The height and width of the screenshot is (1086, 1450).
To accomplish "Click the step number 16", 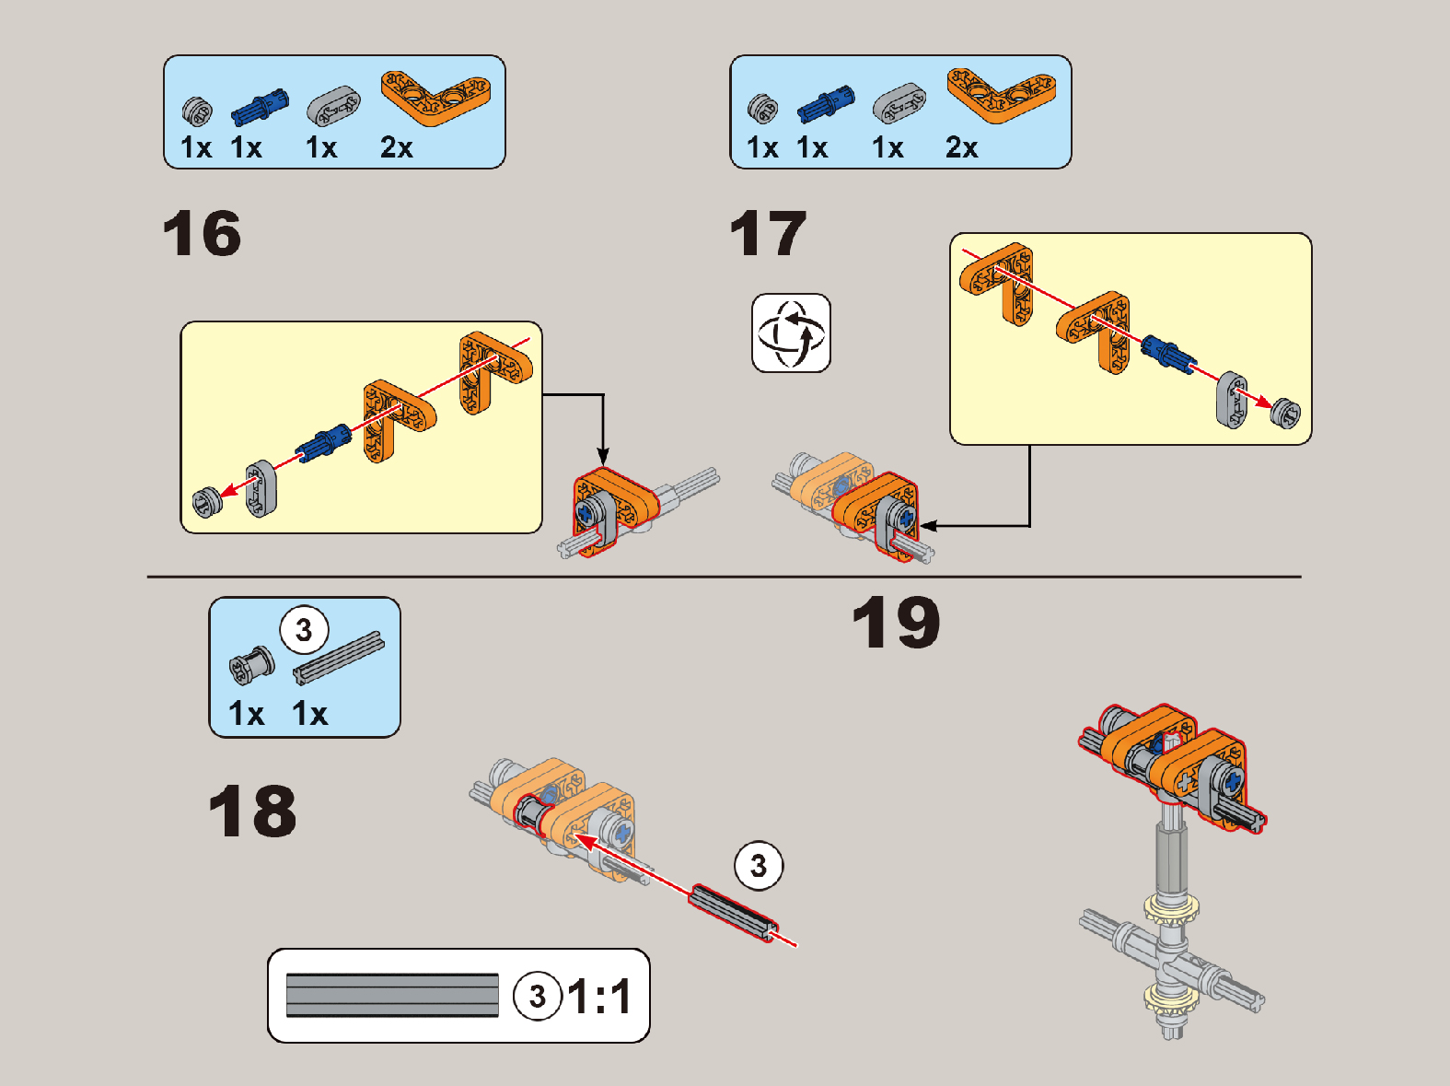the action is pyautogui.click(x=202, y=233).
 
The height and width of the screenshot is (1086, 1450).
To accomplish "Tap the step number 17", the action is pyautogui.click(x=768, y=233).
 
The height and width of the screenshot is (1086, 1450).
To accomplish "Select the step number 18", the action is pyautogui.click(x=252, y=811).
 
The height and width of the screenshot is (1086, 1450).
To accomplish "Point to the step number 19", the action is pyautogui.click(x=897, y=622).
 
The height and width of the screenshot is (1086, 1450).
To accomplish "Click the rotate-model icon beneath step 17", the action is pyautogui.click(x=792, y=333).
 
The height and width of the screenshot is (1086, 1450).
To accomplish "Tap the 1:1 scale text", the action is pyautogui.click(x=600, y=996).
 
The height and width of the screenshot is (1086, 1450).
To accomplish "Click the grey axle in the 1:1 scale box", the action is pyautogui.click(x=392, y=995).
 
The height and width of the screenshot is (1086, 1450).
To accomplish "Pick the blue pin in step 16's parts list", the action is pyautogui.click(x=260, y=107).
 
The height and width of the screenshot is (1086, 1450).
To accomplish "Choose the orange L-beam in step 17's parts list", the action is pyautogui.click(x=1002, y=95).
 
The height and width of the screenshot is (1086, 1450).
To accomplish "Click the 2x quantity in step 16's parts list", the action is pyautogui.click(x=397, y=147).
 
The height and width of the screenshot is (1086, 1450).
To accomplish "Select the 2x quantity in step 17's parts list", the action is pyautogui.click(x=962, y=147).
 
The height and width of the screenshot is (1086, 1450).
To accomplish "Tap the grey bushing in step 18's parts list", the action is pyautogui.click(x=251, y=664).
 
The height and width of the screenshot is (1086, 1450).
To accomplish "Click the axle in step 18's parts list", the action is pyautogui.click(x=339, y=658).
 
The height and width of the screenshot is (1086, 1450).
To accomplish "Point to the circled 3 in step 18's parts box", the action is pyautogui.click(x=304, y=631).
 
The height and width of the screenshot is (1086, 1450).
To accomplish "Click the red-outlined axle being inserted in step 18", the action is pyautogui.click(x=733, y=913).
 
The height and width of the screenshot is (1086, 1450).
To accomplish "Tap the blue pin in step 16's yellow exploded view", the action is pyautogui.click(x=323, y=442).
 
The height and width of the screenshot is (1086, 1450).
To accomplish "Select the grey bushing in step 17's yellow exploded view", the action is pyautogui.click(x=1285, y=414).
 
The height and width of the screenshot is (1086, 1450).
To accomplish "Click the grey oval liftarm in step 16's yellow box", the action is pyautogui.click(x=261, y=489).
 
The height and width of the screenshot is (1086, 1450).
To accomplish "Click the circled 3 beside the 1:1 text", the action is pyautogui.click(x=538, y=996).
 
